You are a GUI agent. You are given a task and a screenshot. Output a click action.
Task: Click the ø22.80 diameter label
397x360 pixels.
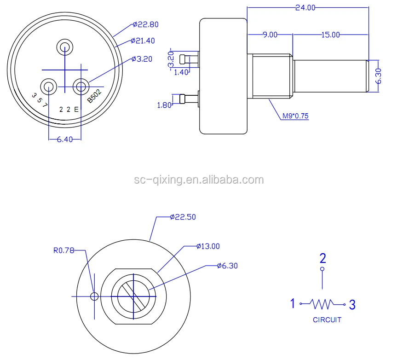coord(145,24)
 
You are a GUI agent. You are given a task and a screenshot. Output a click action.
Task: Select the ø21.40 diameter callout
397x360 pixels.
coord(144,41)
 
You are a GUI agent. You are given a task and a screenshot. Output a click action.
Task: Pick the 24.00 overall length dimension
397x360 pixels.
coord(305,7)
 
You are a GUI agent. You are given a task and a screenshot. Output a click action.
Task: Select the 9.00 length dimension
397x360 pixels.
coord(270,35)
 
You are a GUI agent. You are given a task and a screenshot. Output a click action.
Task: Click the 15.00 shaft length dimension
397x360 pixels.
coord(330,35)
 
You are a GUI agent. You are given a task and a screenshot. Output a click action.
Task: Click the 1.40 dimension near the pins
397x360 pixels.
coord(182,72)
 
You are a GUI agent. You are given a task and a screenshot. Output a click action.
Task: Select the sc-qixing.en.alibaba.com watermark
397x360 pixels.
coord(199,180)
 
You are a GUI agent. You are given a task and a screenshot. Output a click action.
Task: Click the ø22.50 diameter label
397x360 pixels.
coord(183,217)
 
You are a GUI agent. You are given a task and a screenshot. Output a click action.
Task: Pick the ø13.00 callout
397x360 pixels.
coord(208,246)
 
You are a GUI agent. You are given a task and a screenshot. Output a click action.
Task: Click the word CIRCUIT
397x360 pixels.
coord(327,319)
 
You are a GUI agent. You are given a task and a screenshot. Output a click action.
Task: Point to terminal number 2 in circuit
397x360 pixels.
coord(322,257)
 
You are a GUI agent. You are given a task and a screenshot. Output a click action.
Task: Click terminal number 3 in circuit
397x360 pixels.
coord(352,304)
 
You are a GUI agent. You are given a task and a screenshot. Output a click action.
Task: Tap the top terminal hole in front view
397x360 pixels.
coord(64,46)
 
